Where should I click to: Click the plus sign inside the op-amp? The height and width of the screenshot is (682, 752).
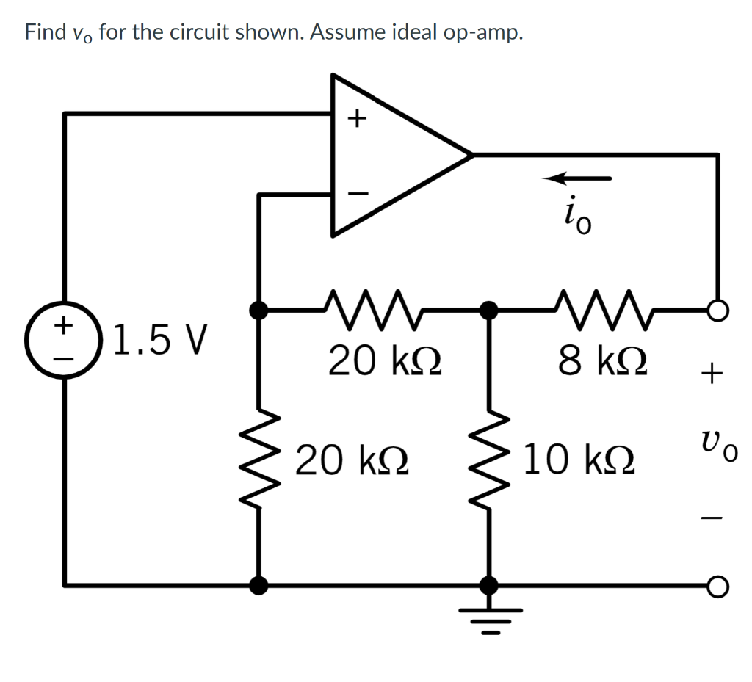coord(356,117)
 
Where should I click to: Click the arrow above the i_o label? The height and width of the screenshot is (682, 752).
coord(577,178)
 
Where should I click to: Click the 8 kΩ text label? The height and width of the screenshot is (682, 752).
coord(602,362)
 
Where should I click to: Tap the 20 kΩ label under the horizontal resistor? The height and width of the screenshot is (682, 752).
coord(384,362)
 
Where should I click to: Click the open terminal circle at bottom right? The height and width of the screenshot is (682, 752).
coord(718,586)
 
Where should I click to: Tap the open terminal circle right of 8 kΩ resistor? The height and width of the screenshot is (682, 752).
coord(718,311)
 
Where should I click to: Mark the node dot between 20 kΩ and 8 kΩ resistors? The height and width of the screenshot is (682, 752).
coord(488,311)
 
